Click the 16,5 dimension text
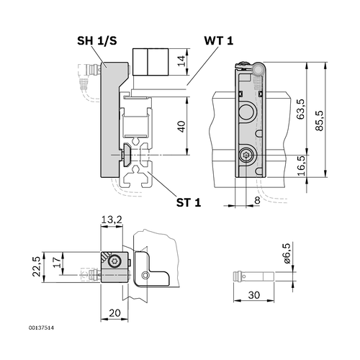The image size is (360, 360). click(301, 166)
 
